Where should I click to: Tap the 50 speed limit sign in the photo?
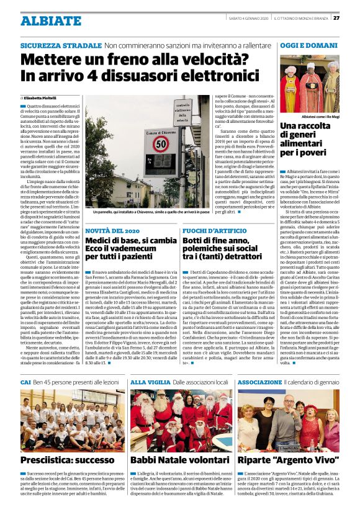pyautogui.click(x=161, y=144)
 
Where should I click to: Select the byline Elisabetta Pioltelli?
pyautogui.click(x=41, y=98)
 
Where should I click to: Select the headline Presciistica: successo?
pyautogui.click(x=60, y=460)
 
